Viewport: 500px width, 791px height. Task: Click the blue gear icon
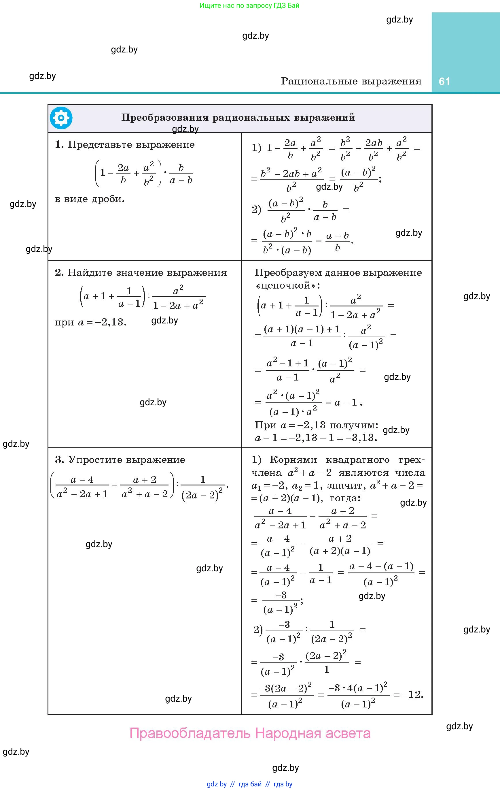pyautogui.click(x=61, y=118)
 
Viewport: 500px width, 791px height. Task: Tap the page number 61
pyautogui.click(x=444, y=81)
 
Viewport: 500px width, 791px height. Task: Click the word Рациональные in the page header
pyautogui.click(x=315, y=81)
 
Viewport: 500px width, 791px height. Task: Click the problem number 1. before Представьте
pyautogui.click(x=59, y=144)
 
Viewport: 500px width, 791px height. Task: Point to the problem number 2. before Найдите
pyautogui.click(x=59, y=272)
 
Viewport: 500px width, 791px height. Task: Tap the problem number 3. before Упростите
pyautogui.click(x=59, y=459)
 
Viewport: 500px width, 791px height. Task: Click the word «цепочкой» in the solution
pyautogui.click(x=288, y=285)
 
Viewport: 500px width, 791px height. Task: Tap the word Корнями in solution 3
pyautogui.click(x=293, y=459)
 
